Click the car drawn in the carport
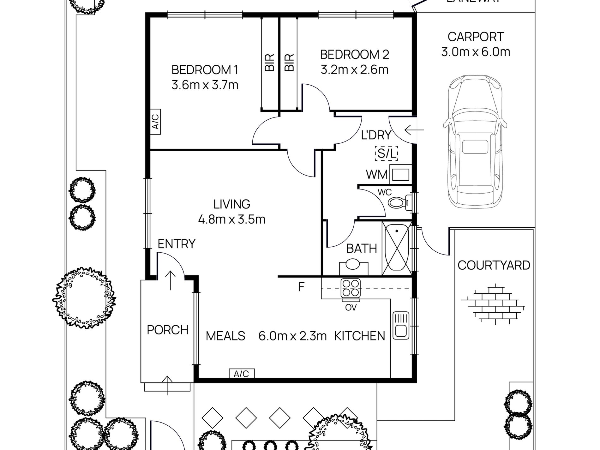(475, 142)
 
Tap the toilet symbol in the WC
(399, 202)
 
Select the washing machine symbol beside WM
(400, 174)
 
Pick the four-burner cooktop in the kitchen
(351, 288)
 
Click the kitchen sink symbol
(401, 325)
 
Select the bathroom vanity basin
(353, 265)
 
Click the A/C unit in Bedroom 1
(155, 122)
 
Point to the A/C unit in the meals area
(242, 374)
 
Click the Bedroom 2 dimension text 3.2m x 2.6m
(354, 69)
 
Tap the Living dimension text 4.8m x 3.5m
(231, 219)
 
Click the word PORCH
(167, 330)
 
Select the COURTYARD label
(494, 265)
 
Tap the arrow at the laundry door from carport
(414, 129)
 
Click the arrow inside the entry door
(171, 280)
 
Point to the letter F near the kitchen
(301, 287)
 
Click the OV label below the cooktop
(351, 307)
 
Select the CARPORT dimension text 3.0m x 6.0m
(476, 52)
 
